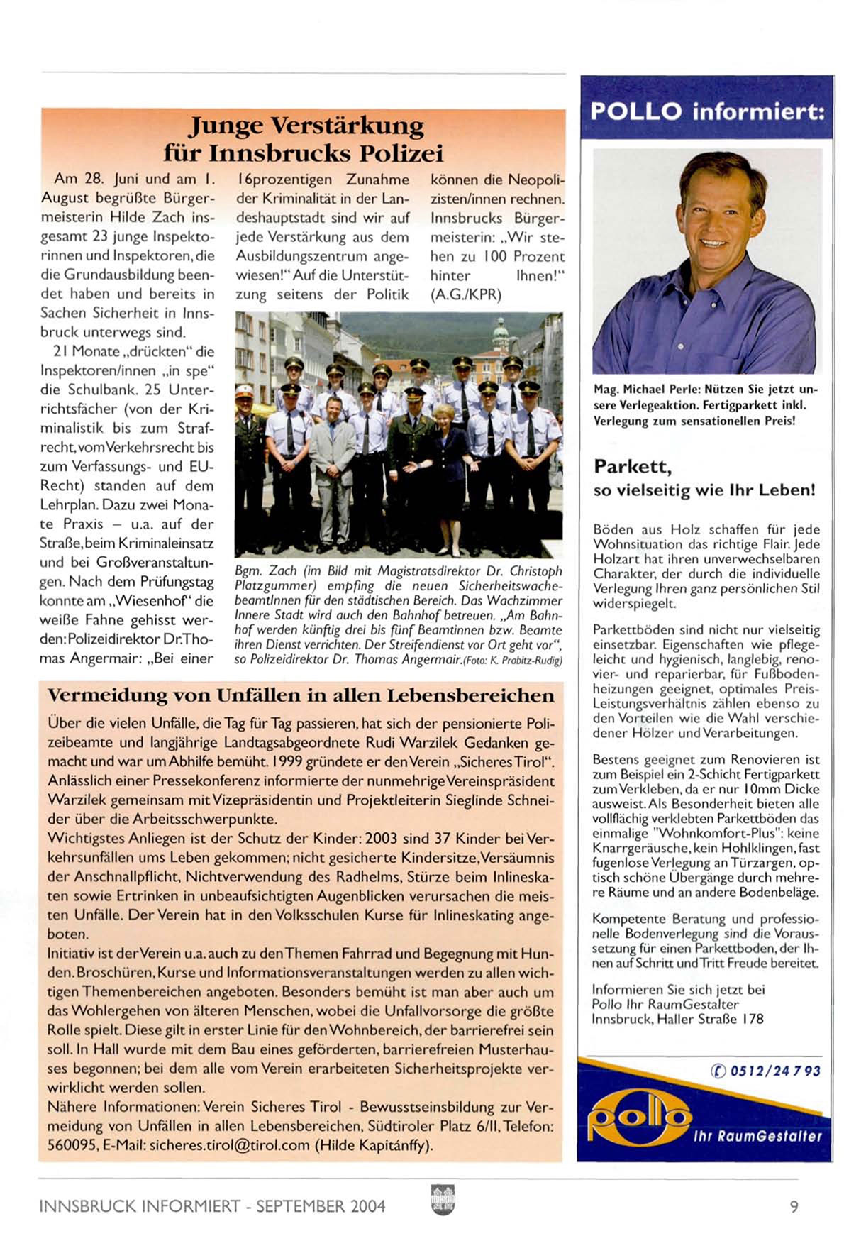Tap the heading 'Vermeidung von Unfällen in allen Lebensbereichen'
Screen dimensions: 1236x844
pos(301,695)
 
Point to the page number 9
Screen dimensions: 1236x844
pos(794,1205)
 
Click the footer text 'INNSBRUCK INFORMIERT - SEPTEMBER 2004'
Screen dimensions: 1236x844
pos(212,1205)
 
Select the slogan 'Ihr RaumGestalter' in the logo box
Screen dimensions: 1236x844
pos(757,1136)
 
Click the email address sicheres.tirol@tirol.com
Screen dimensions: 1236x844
pos(230,1144)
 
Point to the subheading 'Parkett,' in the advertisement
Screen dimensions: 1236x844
pos(633,466)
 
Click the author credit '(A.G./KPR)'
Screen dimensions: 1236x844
pos(466,294)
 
